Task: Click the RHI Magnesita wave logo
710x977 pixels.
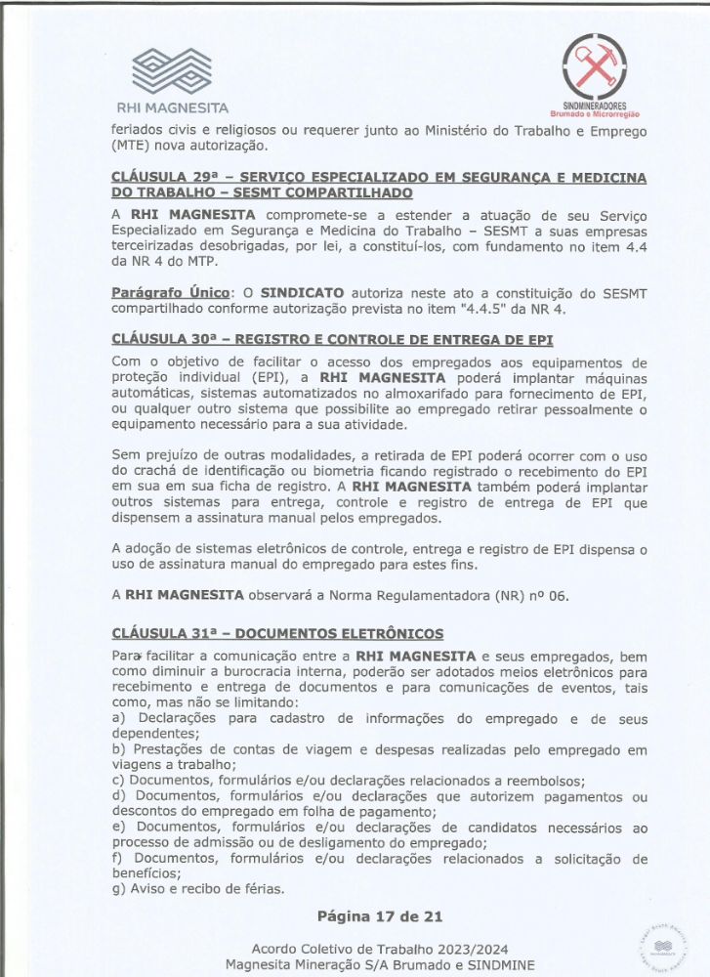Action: coord(172,68)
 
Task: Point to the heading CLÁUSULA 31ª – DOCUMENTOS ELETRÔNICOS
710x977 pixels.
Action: coord(277,633)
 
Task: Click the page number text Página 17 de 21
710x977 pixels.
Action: coord(380,916)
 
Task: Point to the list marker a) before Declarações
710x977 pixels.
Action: coord(119,719)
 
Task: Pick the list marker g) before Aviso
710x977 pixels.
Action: coord(119,888)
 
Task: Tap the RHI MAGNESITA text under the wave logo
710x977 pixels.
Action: coord(173,108)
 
